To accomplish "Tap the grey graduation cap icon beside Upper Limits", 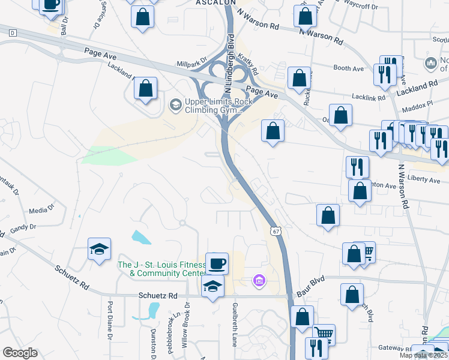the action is point(175,106).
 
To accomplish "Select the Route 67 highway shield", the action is point(275,231).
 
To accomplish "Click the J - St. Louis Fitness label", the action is point(161,269).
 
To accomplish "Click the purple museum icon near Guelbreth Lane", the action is point(259,281).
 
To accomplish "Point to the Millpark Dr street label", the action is point(191,62).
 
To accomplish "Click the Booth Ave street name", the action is point(349,69).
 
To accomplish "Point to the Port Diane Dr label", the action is point(110,324).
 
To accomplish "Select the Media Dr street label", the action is point(41,211).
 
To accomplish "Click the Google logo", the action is point(20,353).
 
